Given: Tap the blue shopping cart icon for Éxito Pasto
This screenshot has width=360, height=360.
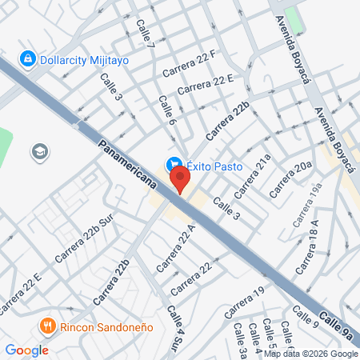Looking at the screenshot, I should [x=172, y=165].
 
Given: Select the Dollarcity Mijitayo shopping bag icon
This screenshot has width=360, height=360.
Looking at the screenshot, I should [x=28, y=59].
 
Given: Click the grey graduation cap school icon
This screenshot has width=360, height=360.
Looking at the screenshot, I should [x=38, y=151].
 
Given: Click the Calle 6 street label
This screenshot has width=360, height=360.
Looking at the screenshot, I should [x=167, y=113].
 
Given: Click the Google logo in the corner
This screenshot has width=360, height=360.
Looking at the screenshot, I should [x=26, y=350].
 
